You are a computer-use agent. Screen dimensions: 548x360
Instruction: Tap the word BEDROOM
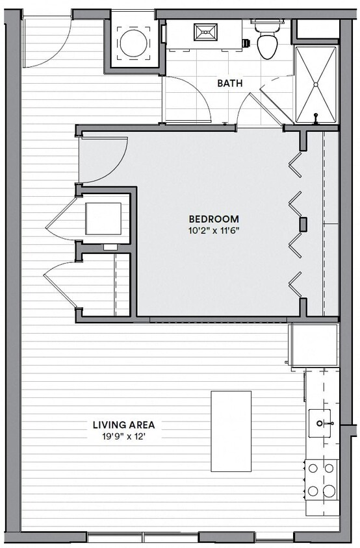point(214,219)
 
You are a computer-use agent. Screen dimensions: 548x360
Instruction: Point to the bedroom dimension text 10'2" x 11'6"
point(214,230)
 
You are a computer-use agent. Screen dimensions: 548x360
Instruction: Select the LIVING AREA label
point(123,425)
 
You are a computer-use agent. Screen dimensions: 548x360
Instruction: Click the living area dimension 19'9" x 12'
point(123,436)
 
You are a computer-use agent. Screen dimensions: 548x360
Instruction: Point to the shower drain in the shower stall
point(316,84)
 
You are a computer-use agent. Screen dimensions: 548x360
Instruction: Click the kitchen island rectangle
point(231,431)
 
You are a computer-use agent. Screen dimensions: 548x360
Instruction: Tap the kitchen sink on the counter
point(321,423)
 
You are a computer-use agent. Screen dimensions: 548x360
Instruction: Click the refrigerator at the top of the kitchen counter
point(315,346)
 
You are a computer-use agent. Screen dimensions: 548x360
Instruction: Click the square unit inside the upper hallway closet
point(103,219)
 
